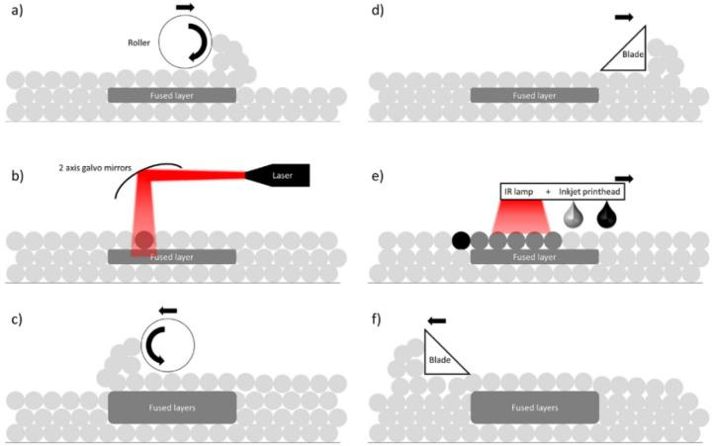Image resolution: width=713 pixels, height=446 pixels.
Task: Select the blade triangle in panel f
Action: [442, 354]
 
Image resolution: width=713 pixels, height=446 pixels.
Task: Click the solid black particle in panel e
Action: [461, 240]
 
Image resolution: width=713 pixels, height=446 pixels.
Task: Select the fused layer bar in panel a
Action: [172, 95]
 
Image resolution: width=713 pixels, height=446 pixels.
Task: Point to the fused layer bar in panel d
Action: [534, 95]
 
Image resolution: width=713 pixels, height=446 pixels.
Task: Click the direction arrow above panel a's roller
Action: [185, 8]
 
